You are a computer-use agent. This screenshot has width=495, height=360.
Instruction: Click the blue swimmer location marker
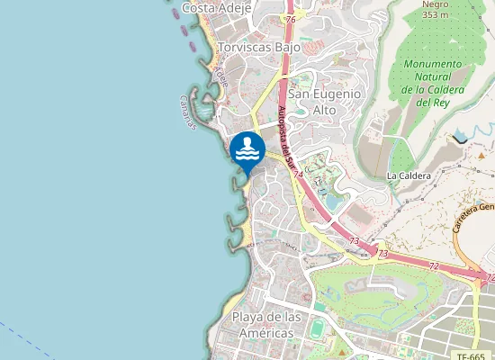coord(247,148)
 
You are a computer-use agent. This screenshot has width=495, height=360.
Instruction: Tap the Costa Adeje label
coord(215,7)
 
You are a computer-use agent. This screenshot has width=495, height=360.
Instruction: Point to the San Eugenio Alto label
coord(324,102)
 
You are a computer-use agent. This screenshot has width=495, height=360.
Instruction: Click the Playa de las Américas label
coord(263,325)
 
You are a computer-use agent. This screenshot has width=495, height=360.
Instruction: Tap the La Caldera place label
coord(409,175)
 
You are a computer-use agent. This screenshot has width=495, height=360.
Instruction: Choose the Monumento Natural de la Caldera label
coord(432,83)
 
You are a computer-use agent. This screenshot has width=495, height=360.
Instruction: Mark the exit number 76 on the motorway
coord(289,19)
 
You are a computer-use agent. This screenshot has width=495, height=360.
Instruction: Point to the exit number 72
coord(433,267)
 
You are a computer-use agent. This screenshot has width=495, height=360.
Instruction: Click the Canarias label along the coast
coord(187,112)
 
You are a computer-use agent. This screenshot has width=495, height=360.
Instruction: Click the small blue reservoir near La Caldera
coord(461,136)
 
